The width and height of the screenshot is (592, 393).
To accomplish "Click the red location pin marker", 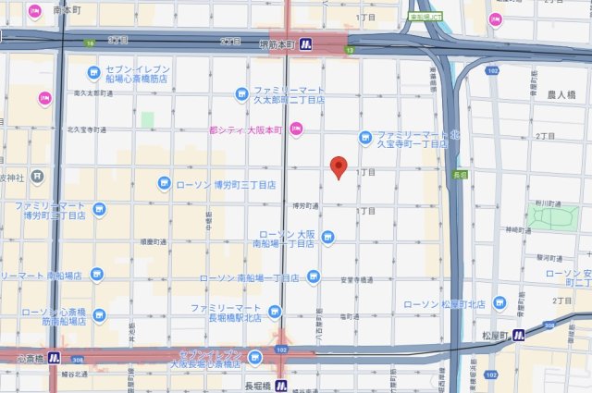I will [339, 167].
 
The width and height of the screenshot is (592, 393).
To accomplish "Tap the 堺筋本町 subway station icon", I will [315, 43].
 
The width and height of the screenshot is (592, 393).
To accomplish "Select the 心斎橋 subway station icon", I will [55, 357].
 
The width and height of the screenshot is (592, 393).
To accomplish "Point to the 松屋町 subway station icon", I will [518, 335].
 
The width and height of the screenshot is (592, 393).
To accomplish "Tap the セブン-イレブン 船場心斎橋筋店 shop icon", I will [92, 72].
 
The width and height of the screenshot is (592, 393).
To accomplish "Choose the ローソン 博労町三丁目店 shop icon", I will [164, 184].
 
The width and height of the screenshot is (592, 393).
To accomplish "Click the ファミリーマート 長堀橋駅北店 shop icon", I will [275, 312].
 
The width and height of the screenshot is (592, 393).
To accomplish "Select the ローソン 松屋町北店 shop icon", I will [499, 302].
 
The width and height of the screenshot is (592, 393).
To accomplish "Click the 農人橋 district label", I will [561, 95].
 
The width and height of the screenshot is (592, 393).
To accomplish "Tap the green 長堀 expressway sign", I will [461, 173].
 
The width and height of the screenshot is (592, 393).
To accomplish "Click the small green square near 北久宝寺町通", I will [147, 120].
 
